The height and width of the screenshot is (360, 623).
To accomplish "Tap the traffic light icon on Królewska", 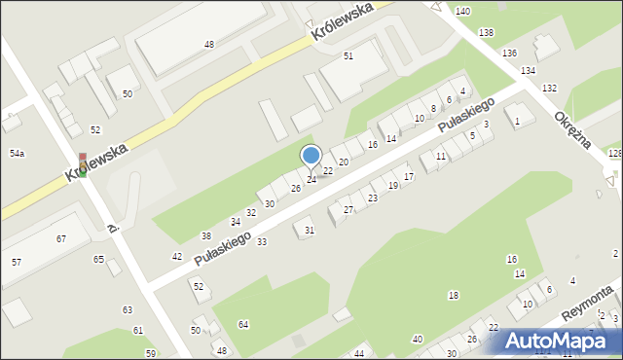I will click(x=83, y=163).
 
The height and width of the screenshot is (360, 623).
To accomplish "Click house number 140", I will click(x=461, y=11).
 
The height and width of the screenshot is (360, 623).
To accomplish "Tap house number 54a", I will click(x=17, y=154).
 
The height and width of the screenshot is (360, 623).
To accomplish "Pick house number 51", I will click(x=348, y=56).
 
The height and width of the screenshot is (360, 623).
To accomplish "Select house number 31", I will click(x=310, y=231).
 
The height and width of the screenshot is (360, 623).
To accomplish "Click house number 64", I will click(x=242, y=324).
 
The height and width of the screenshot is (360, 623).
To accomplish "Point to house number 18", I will click(x=453, y=295).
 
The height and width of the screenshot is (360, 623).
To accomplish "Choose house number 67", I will click(x=60, y=238).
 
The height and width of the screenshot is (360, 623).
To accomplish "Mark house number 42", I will click(x=176, y=256).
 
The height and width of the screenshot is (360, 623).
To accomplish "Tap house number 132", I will click(x=549, y=89).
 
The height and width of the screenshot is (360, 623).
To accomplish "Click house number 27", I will click(x=348, y=210).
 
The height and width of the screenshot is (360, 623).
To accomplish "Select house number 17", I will click(x=409, y=176).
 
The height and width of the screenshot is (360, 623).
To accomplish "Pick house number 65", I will click(x=98, y=259).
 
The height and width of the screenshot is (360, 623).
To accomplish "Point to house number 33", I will click(x=262, y=241).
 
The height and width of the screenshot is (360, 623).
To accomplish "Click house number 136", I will click(x=509, y=54).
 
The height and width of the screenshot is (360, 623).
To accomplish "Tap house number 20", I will click(x=343, y=162).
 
